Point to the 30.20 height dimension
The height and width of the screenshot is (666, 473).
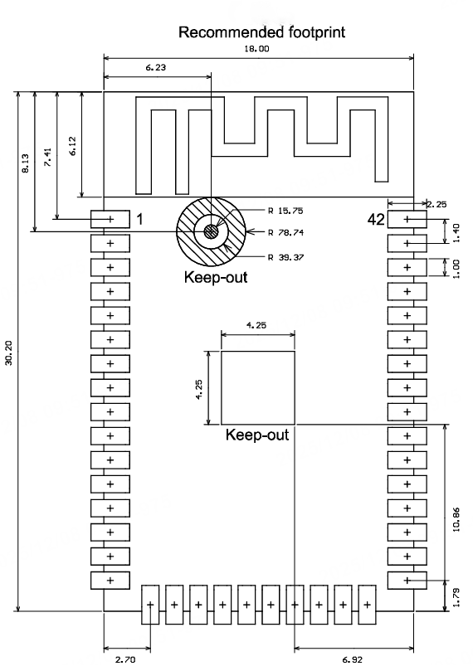pyautogui.click(x=11, y=352)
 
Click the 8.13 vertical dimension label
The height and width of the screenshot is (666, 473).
pyautogui.click(x=27, y=163)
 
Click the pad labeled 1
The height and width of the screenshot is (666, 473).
pyautogui.click(x=110, y=219)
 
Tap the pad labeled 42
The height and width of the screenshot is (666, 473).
pyautogui.click(x=407, y=219)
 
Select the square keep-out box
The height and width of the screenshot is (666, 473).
pyautogui.click(x=258, y=387)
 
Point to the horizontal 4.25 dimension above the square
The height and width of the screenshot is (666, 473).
pyautogui.click(x=258, y=326)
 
